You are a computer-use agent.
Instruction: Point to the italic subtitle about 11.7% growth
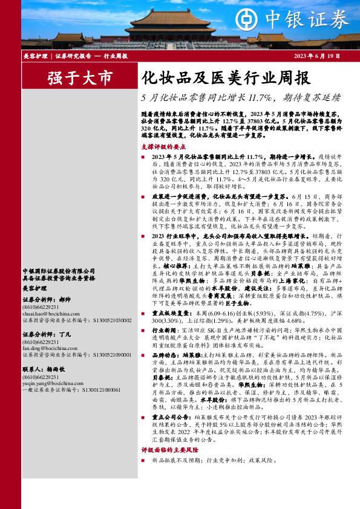[240, 97]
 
